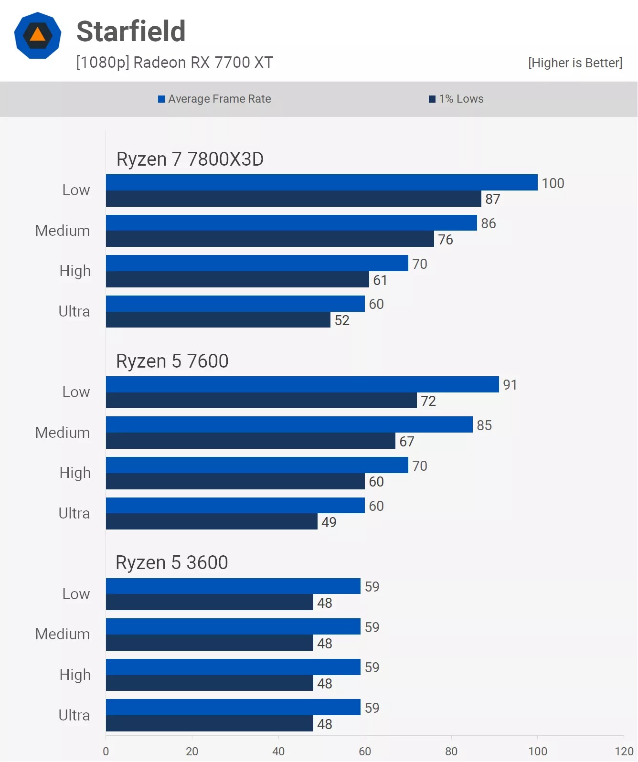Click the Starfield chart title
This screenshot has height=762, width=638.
[x=131, y=32]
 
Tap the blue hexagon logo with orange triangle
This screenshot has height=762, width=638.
[x=38, y=36]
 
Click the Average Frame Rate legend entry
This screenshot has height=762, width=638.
[x=214, y=99]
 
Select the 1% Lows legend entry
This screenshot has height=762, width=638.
[x=456, y=99]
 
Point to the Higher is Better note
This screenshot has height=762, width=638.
[x=575, y=63]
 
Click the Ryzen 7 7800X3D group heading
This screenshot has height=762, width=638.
[x=190, y=159]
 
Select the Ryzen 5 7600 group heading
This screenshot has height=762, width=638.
[x=172, y=361]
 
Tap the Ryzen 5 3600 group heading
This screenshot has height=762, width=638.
[x=171, y=562]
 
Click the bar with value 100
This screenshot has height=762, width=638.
[x=321, y=182]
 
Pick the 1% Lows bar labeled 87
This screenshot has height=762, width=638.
[x=293, y=199]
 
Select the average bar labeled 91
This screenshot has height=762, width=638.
[x=302, y=384]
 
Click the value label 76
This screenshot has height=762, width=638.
[x=446, y=240]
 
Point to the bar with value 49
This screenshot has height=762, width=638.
[x=212, y=521]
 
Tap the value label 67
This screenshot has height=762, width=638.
[x=407, y=442]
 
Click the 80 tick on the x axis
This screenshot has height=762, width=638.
[x=451, y=751]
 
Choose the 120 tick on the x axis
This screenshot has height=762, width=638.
[x=624, y=751]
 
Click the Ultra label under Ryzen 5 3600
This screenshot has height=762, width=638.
[x=74, y=715]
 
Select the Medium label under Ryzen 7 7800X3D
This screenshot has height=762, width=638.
[x=63, y=231]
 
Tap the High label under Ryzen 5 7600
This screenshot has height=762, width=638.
[x=75, y=473]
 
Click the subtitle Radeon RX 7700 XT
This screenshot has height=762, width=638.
[x=174, y=63]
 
